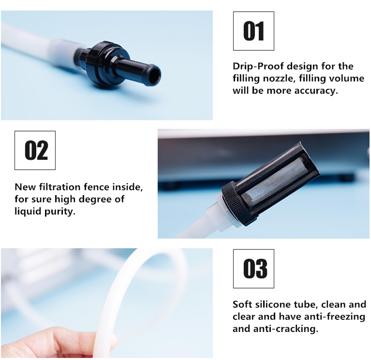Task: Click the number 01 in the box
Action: click(253, 31)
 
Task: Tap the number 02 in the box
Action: click(36, 150)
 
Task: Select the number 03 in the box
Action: click(255, 268)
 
